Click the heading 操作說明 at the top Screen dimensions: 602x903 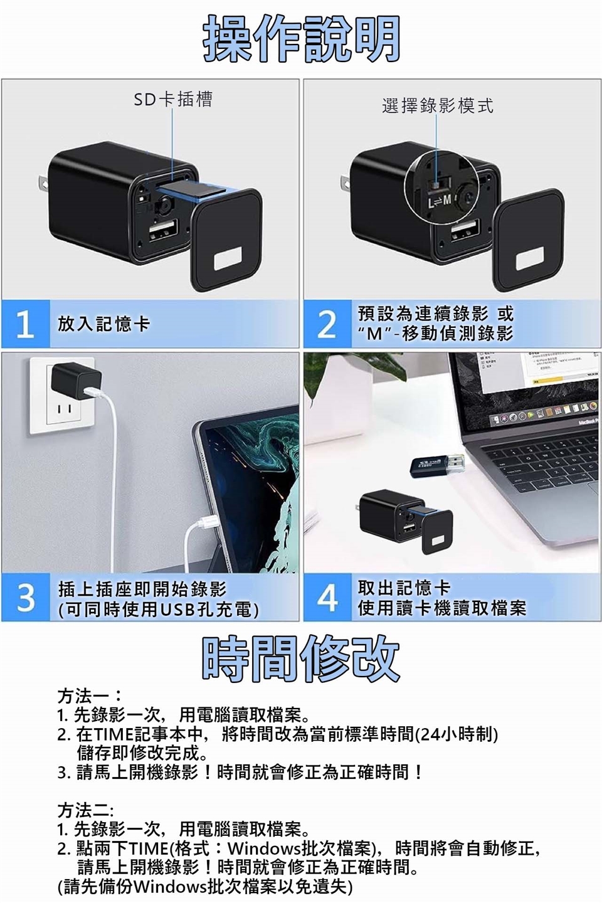point(301,39)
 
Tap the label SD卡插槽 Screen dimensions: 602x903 point(173,100)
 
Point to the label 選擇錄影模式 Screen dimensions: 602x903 point(438,105)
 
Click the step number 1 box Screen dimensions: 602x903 point(26,324)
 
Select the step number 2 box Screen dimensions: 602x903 point(327,324)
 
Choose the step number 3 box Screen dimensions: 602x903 point(26,598)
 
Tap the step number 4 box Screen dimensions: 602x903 point(327,598)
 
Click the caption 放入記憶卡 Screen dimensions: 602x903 point(103,324)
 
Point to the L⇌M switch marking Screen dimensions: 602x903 point(440,201)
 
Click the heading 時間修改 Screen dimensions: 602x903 point(300,658)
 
